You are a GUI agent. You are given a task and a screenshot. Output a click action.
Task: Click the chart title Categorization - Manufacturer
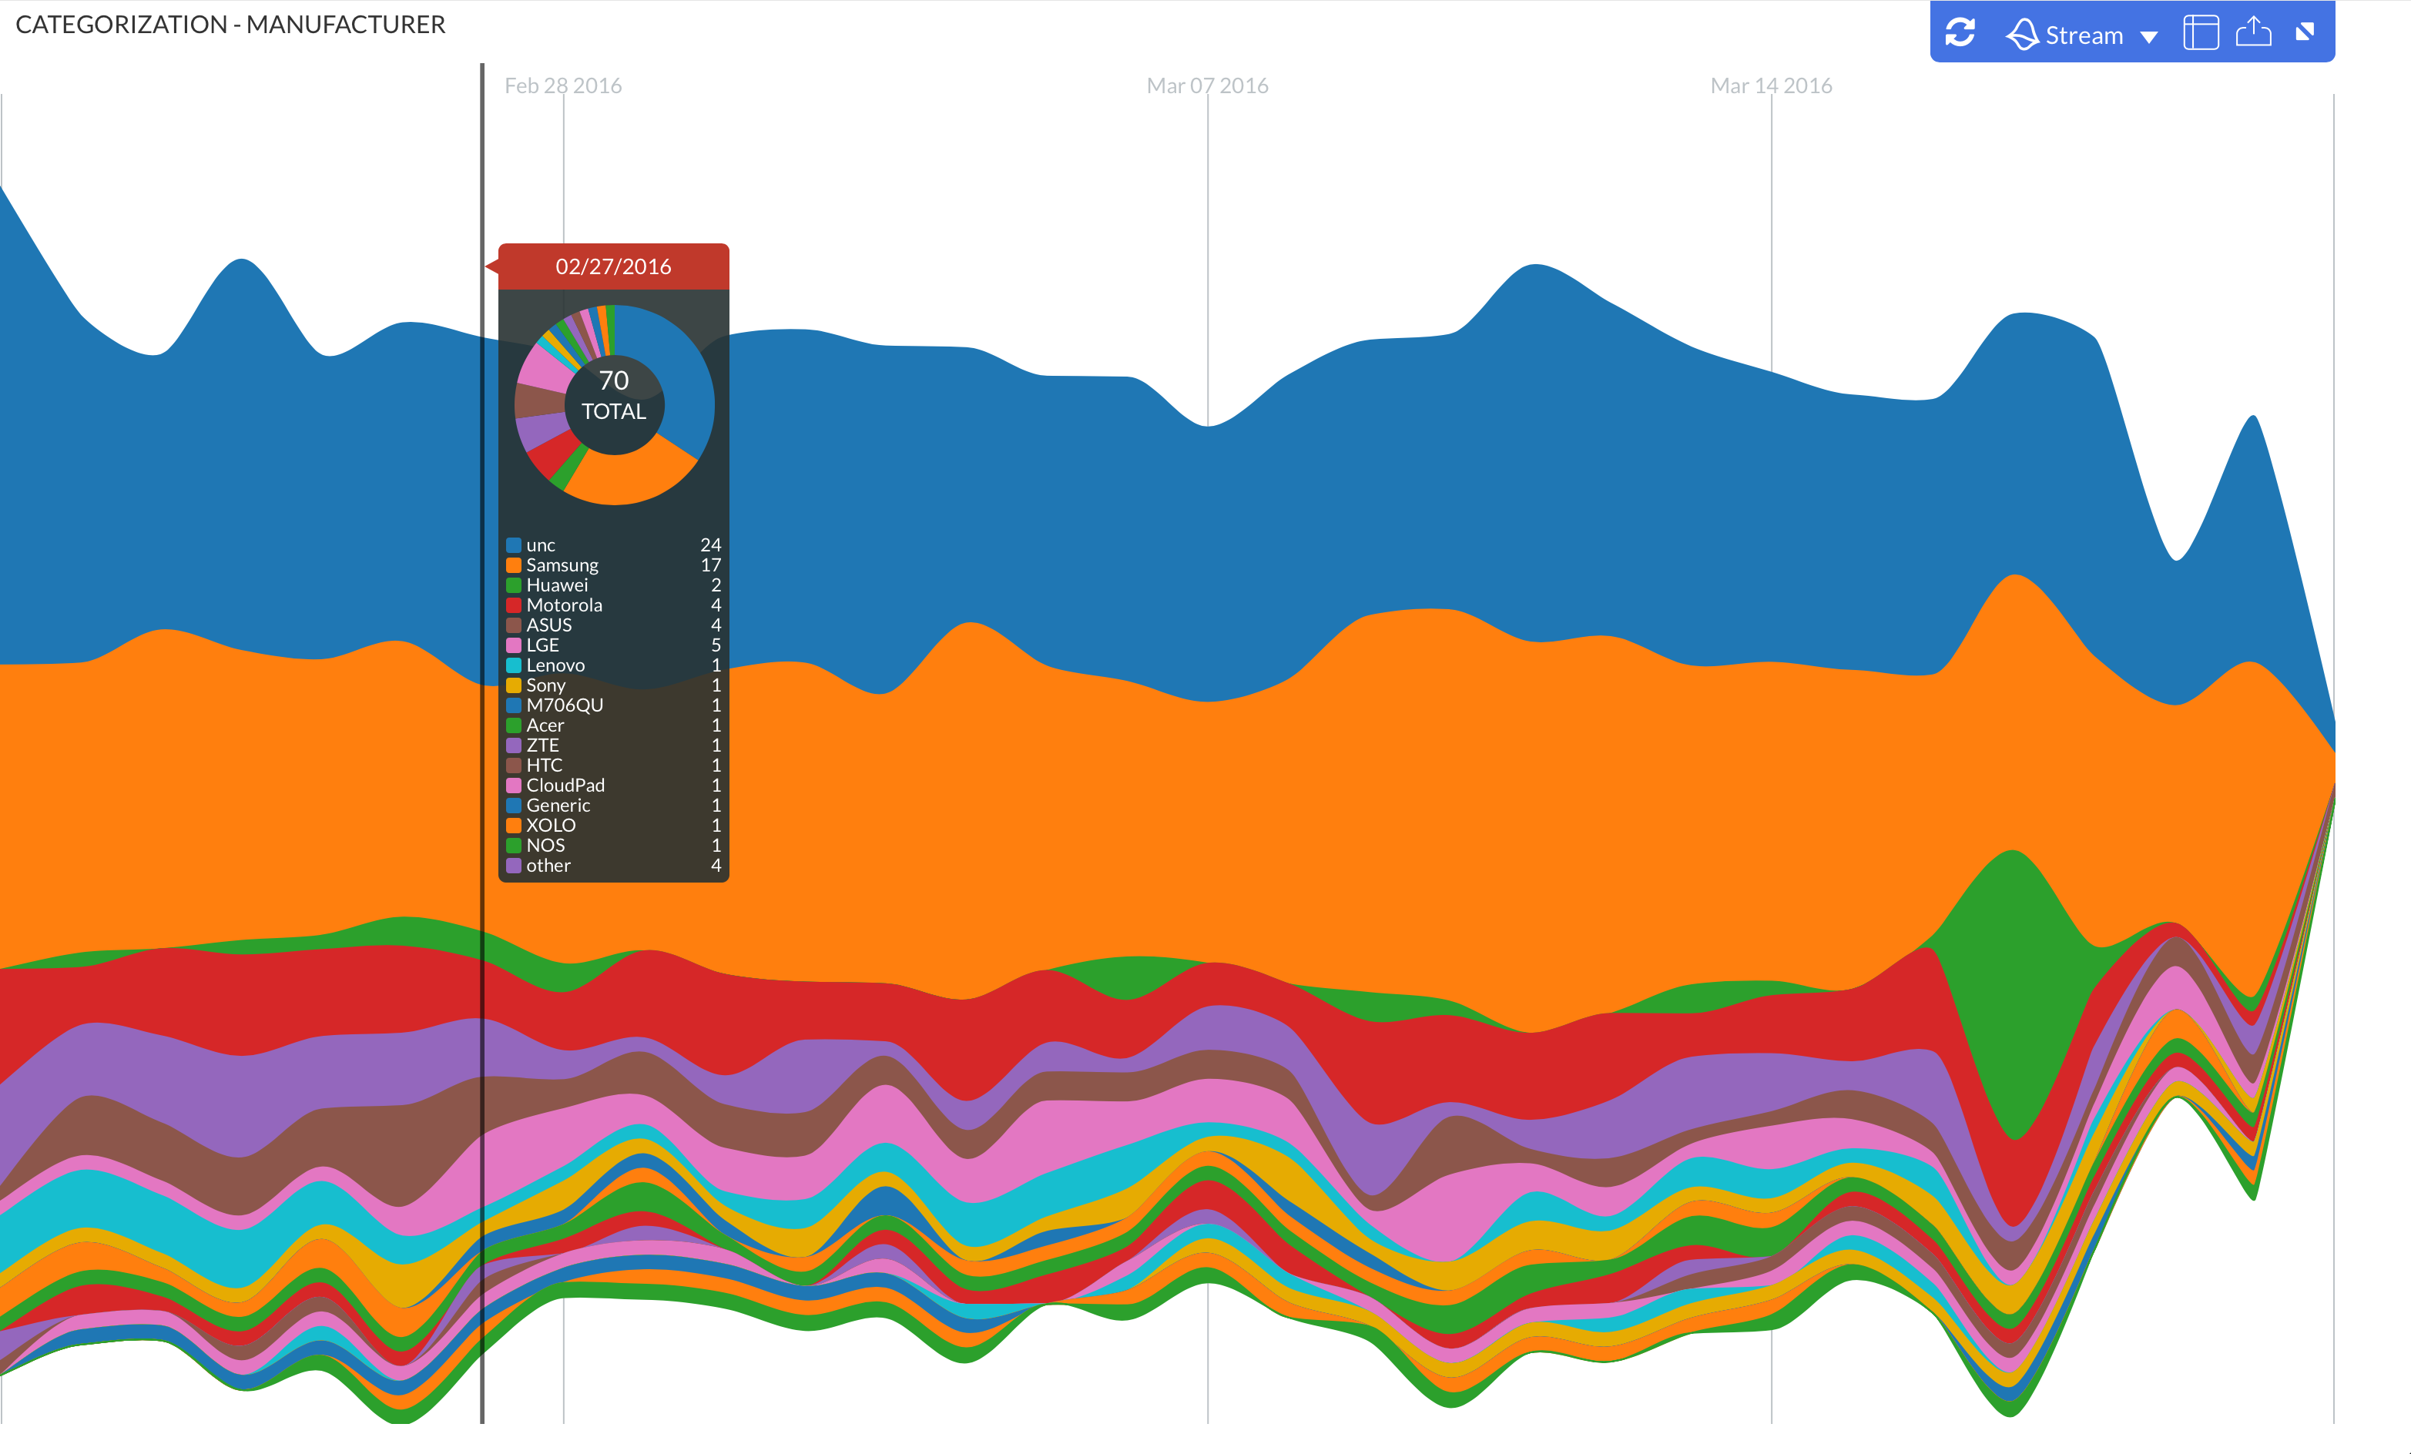click(x=230, y=25)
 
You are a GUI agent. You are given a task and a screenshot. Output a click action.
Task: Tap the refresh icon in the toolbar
click(x=1960, y=33)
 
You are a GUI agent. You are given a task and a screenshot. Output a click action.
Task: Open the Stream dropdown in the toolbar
click(x=2084, y=35)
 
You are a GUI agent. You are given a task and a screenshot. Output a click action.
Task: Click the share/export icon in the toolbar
click(x=2253, y=32)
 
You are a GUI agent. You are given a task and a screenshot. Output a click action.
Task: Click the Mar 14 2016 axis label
click(x=1770, y=86)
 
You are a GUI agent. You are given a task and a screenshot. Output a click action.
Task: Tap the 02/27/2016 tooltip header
click(x=613, y=266)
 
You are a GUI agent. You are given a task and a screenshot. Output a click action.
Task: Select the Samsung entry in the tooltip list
click(x=562, y=565)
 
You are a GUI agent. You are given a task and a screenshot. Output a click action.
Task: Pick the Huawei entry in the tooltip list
click(x=557, y=585)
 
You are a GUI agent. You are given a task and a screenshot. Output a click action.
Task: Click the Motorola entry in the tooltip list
click(x=564, y=605)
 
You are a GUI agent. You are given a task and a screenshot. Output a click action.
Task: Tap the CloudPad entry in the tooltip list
click(x=565, y=786)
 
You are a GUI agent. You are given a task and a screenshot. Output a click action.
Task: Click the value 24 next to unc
click(x=710, y=545)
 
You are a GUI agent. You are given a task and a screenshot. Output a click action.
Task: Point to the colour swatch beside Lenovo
click(x=514, y=665)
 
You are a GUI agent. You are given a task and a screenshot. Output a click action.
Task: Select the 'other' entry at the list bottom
click(x=548, y=866)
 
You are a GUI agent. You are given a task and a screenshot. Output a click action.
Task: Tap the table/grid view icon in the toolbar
click(x=2201, y=33)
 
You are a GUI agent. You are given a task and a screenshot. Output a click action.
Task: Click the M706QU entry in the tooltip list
click(x=565, y=705)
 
